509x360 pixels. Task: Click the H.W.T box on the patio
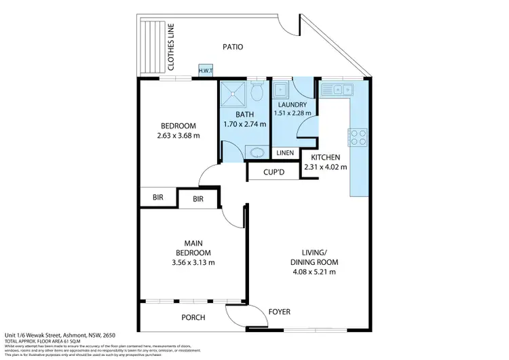click(204, 70)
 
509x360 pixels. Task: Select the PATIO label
click(233, 47)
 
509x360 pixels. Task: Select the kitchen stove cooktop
click(358, 137)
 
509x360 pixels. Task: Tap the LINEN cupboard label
click(286, 153)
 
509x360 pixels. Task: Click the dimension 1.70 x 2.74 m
click(245, 124)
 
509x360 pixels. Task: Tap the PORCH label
click(193, 317)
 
